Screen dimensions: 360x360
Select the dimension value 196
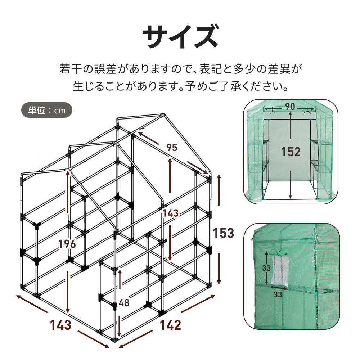pos(68,244)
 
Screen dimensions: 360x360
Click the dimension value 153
pos(223,233)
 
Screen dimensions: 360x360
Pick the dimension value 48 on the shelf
pos(123,303)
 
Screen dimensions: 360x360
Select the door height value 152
pos(291,152)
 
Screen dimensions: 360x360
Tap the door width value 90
pos(291,107)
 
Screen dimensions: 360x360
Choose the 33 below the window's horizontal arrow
pos(277,294)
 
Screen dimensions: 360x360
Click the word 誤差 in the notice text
pos(104,69)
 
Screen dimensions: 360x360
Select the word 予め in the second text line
pos(196,87)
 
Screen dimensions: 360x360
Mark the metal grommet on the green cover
pos(317,237)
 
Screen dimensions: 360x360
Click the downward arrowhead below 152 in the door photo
pos(291,197)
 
